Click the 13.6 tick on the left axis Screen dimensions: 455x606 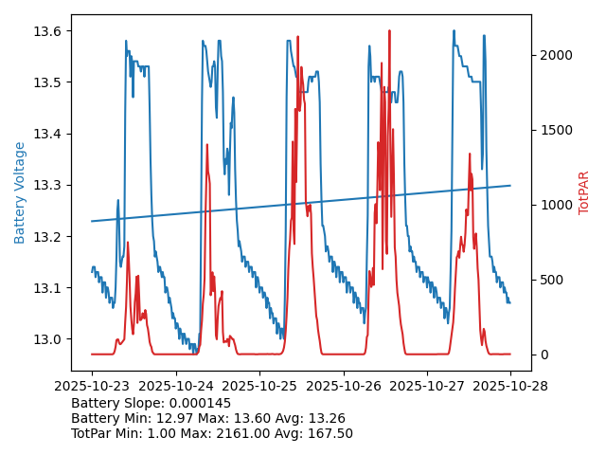tap(50, 31)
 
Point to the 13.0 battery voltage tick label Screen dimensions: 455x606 tap(50, 339)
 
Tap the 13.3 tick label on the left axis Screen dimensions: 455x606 tap(50, 185)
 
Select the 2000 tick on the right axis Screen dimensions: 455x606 tap(557, 55)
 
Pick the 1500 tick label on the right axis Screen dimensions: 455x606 tap(557, 130)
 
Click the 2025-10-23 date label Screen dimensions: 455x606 tap(92, 387)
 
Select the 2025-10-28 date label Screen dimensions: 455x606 tap(510, 387)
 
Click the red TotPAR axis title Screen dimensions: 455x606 tap(583, 192)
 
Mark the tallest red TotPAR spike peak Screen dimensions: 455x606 tap(389, 30)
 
